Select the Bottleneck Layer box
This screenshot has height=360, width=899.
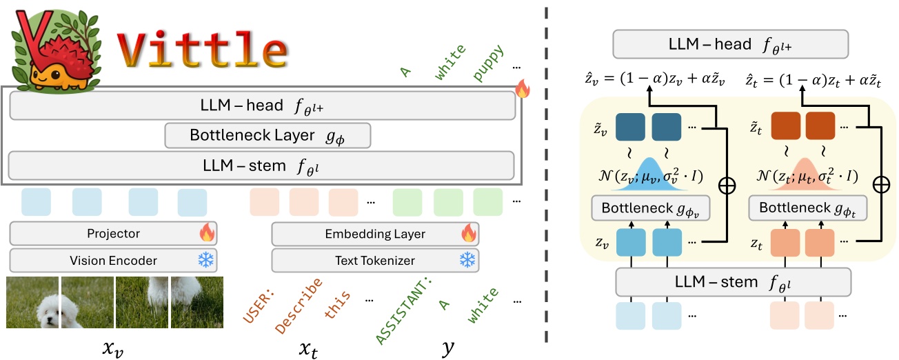[267, 135]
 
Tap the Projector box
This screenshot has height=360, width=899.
[114, 234]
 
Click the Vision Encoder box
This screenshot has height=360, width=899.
[114, 260]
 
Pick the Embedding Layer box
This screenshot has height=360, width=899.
[375, 234]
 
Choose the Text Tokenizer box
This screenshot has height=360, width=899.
[375, 260]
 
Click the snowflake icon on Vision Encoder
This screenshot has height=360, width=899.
[206, 260]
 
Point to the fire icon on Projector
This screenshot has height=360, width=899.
[207, 233]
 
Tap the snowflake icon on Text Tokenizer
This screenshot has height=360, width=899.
[468, 260]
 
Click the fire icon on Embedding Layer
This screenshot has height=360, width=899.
[469, 233]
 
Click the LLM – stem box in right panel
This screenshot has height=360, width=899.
[733, 281]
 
